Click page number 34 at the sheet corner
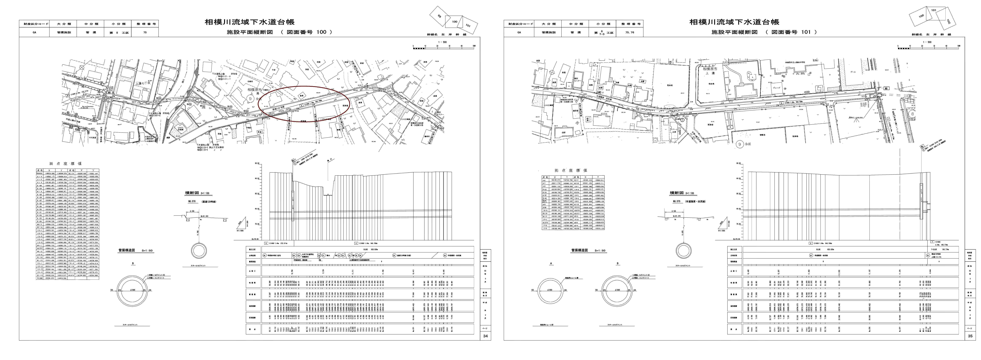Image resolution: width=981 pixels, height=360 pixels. pyautogui.click(x=485, y=336)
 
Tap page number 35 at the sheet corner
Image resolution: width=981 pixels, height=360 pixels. pyautogui.click(x=970, y=336)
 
